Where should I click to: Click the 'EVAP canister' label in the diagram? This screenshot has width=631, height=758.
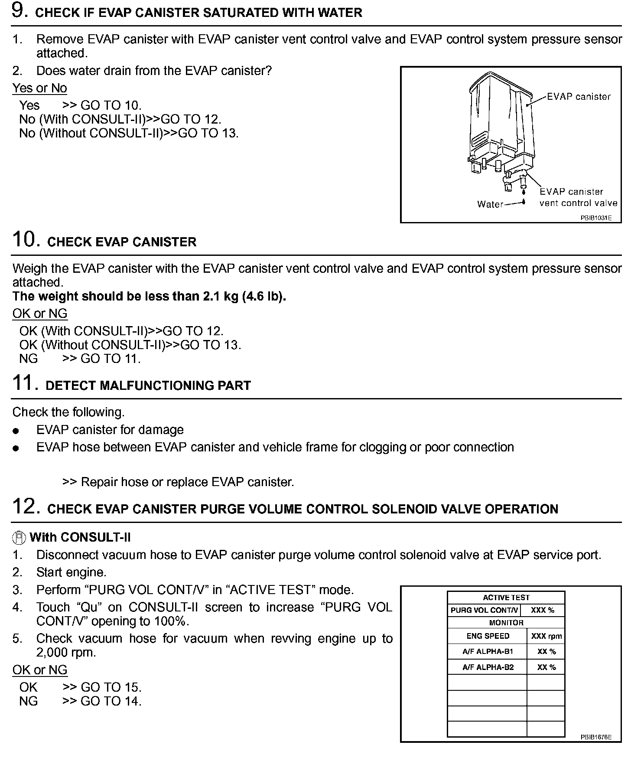[579, 97]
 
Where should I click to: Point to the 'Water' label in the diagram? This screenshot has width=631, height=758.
[490, 204]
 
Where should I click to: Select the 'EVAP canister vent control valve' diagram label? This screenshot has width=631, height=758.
[578, 197]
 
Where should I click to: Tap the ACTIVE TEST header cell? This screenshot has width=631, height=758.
[506, 598]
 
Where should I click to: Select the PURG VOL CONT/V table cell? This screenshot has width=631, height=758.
[484, 610]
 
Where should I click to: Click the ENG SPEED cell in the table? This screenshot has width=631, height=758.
[488, 636]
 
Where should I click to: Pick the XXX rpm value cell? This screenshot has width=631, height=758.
[546, 637]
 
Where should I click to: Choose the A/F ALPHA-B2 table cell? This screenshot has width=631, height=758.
[488, 667]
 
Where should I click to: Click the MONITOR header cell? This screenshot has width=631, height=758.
[506, 623]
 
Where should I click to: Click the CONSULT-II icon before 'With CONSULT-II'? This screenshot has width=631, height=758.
[19, 538]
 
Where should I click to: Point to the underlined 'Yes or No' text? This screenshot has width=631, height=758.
[39, 88]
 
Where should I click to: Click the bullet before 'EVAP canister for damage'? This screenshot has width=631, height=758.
[16, 431]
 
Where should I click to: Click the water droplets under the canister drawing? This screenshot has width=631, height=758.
[524, 196]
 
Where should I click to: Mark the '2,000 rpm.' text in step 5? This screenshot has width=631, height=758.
[66, 653]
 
